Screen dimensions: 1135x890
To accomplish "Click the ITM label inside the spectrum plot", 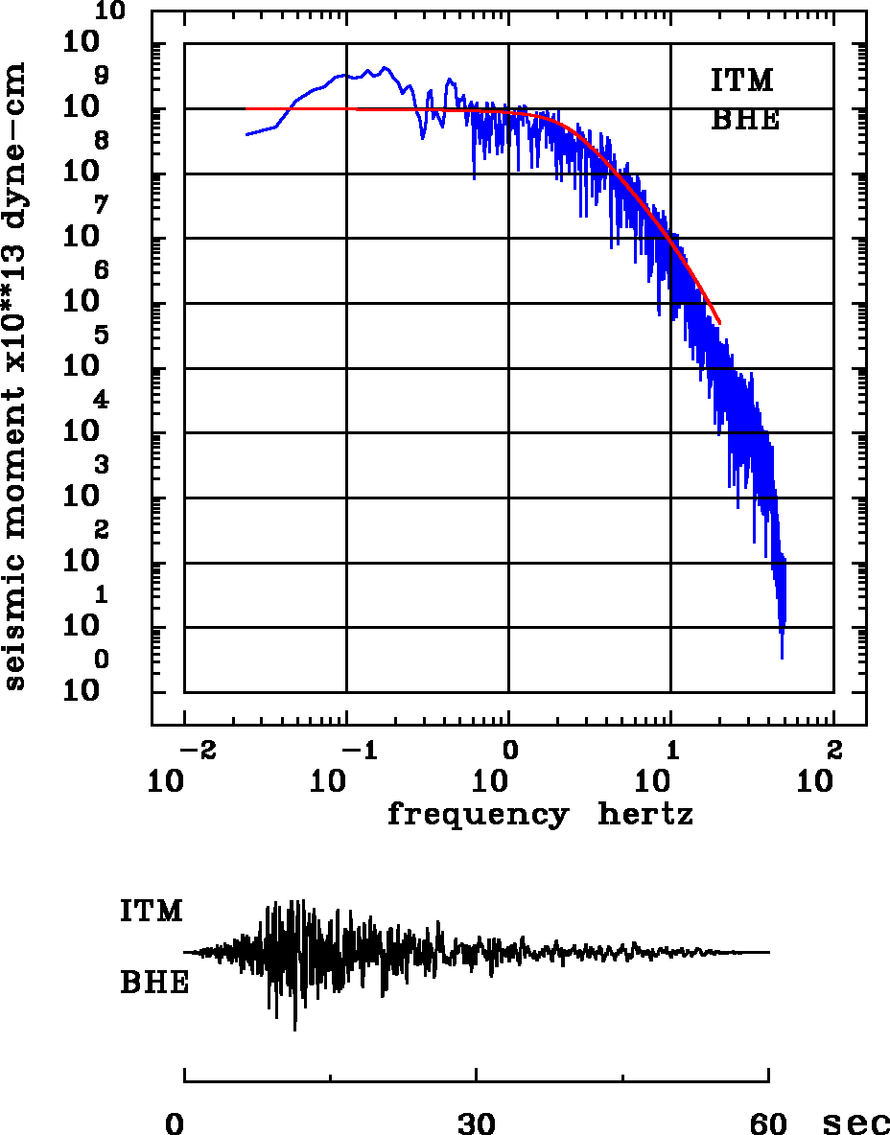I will coord(741,81).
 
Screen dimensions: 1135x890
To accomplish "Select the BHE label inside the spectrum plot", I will coord(744,121).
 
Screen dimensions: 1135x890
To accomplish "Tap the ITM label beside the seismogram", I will coord(152,911).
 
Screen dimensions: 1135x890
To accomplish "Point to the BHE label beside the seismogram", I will coord(154,984).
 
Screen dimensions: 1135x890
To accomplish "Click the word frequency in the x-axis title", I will coord(478,816).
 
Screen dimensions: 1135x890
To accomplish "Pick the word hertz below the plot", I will coord(645,815).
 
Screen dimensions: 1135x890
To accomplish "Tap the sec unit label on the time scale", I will coord(856,1123).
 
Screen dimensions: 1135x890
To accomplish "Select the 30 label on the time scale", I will coord(477,1123).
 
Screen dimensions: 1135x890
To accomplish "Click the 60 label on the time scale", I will coord(769,1123).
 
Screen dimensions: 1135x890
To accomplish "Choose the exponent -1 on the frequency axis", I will coord(357,748).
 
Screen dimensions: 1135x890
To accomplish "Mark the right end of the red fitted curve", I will coord(719,323).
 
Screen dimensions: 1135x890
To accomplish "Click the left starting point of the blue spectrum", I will coord(246,134).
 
